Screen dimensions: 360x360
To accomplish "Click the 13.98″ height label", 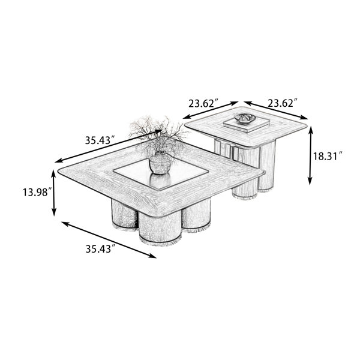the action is (x=36, y=192).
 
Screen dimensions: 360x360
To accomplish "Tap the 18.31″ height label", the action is (x=328, y=157).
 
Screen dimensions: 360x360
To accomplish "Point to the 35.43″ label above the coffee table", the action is (x=100, y=140).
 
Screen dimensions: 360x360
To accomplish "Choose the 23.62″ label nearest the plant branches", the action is (x=203, y=104).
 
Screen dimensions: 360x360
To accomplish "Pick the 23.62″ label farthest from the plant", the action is (x=283, y=103).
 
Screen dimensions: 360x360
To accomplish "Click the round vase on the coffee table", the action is (x=160, y=163).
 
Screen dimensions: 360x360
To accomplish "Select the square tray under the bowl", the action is (x=246, y=125).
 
